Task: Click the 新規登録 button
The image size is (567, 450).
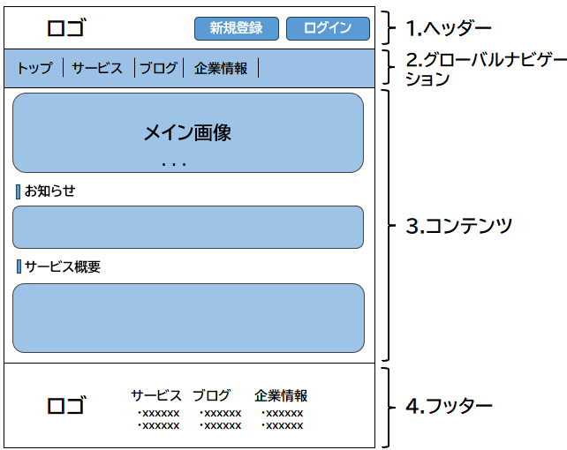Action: coord(237,28)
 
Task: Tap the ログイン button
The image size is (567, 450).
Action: coord(328,28)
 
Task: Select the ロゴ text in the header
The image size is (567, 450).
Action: coord(67,28)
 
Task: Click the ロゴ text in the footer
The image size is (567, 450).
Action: coord(67,405)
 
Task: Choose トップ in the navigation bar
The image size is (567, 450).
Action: coord(35,68)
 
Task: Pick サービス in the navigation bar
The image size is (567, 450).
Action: coord(97,68)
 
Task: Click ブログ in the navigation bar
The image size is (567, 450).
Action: coord(159,68)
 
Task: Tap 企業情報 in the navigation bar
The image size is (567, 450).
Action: coord(221,68)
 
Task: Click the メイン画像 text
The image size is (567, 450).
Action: coord(187,132)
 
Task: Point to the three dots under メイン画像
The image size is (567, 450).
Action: coord(174,165)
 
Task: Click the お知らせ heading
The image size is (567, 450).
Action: coord(50,191)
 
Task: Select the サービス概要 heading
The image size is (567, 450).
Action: coord(63,266)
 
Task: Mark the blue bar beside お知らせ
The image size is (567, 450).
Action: coord(18,191)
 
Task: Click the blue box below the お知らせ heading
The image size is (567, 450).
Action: coord(188,227)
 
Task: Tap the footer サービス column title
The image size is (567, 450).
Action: coord(156,395)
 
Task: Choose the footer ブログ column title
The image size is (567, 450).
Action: coord(212,395)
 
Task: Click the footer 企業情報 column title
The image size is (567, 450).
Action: coord(281,395)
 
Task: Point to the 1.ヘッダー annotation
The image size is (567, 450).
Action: coord(449,28)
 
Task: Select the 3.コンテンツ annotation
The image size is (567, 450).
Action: coord(459,226)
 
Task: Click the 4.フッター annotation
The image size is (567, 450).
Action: coord(450,406)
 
